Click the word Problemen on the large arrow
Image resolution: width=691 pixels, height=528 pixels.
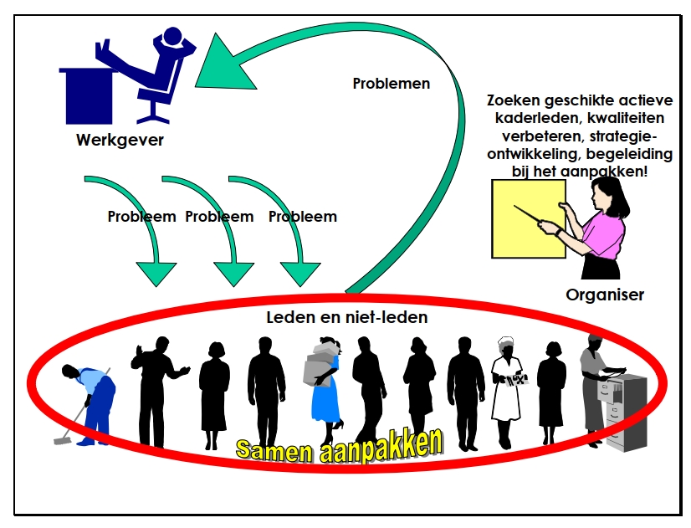point(392,84)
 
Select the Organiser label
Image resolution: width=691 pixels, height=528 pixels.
point(605,295)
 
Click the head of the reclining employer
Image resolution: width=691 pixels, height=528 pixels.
point(173,38)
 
